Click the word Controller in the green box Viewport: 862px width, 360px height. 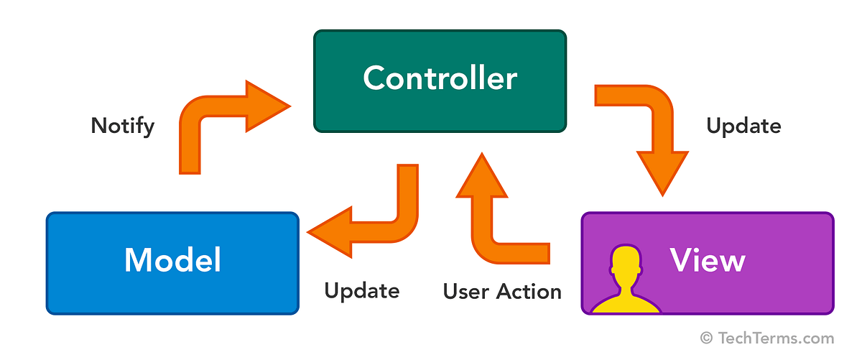tap(440, 78)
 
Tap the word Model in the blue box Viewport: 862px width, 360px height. tap(172, 259)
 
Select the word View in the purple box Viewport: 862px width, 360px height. tap(708, 259)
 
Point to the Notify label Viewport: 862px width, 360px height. tap(123, 126)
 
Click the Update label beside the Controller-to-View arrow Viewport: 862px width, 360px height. tap(743, 126)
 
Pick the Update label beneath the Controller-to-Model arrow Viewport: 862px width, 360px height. tap(361, 291)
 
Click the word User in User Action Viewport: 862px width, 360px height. tap(467, 291)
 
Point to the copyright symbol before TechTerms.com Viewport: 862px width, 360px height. tap(707, 338)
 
